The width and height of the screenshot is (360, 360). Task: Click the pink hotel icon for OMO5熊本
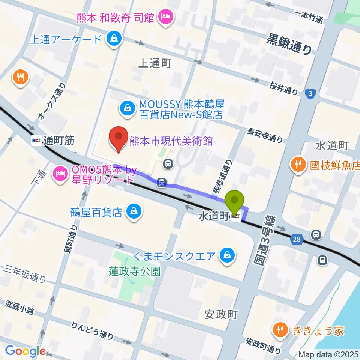(60, 173)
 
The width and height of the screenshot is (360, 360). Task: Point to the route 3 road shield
(309, 94)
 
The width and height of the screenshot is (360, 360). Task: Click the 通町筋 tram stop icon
(36, 141)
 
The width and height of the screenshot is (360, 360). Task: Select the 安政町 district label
(222, 314)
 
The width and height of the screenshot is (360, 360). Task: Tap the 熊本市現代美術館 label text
(171, 141)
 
